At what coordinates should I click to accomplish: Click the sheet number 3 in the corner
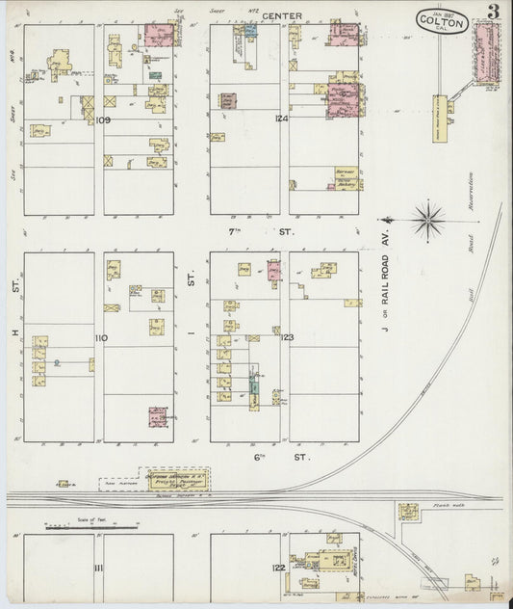(x=492, y=13)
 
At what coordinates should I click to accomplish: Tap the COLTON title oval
(x=444, y=21)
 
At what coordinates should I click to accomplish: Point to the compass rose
(x=428, y=220)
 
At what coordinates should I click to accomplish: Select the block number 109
(x=104, y=119)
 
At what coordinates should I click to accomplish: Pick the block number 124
(x=280, y=119)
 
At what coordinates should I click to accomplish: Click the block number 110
(x=101, y=337)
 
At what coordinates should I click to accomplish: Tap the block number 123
(x=286, y=337)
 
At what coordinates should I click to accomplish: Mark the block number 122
(x=278, y=568)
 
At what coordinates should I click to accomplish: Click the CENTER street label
(x=285, y=15)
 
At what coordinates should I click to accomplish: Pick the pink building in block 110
(x=158, y=416)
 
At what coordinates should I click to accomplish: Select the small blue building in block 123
(x=254, y=388)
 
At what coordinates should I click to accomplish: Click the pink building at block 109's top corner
(x=161, y=36)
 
